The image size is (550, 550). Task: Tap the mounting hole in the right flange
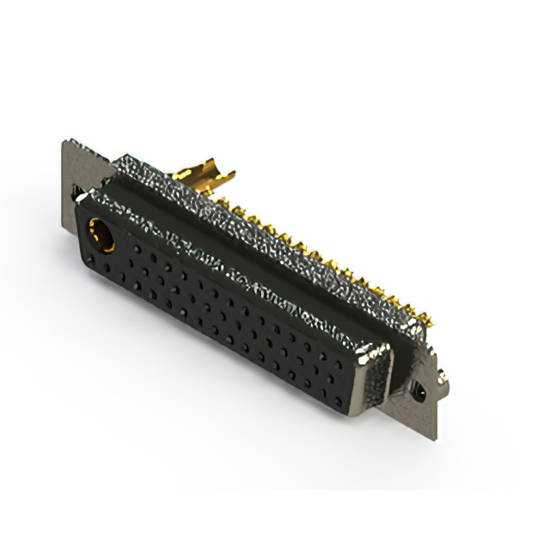coord(419,393)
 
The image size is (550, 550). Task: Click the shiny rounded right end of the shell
coord(375,361)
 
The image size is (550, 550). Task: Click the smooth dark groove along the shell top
coord(258,249)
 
